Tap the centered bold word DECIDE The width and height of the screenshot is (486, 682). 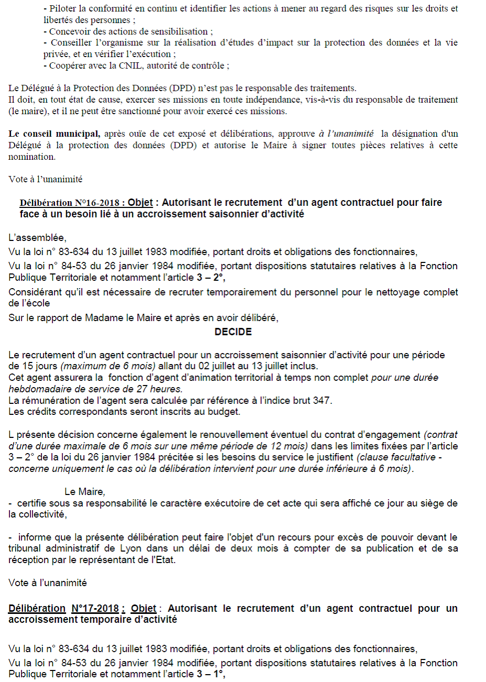233,332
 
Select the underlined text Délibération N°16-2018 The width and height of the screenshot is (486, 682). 72,203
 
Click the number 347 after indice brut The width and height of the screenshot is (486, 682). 322,400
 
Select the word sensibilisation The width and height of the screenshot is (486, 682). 177,31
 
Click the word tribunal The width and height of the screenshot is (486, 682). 25,548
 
